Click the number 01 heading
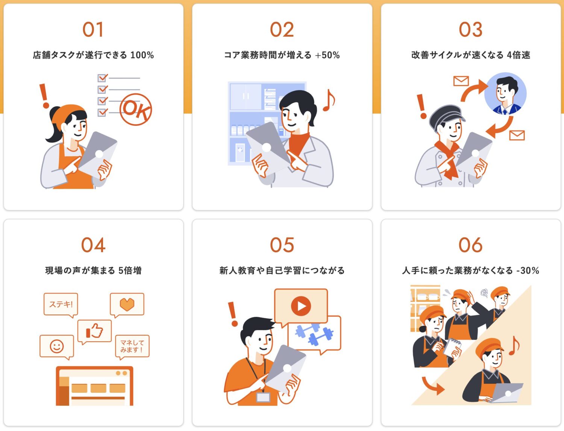click(93, 30)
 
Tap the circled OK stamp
click(136, 109)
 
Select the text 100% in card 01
click(142, 55)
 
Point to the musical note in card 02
click(329, 100)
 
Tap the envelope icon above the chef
click(461, 81)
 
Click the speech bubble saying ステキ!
click(61, 304)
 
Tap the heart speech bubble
click(127, 304)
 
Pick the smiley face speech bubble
click(57, 346)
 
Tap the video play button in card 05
click(301, 306)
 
